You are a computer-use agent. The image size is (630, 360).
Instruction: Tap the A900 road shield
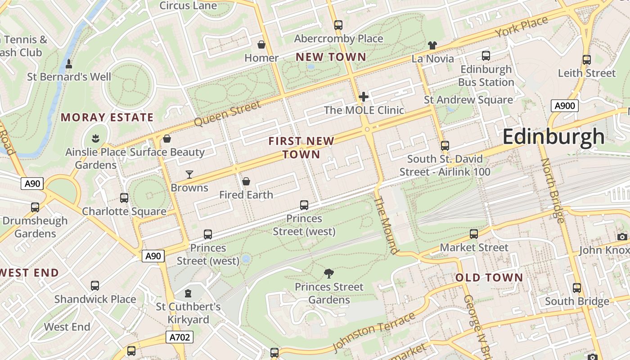coord(564,106)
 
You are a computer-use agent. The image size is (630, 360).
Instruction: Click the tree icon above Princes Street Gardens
coord(329,273)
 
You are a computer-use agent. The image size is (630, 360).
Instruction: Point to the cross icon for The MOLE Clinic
coord(364,96)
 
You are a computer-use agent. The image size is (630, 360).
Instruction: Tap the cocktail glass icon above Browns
coord(189,174)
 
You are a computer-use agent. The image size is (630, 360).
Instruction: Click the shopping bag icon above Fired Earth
coord(246,181)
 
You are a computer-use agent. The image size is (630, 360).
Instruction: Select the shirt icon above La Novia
coord(432,45)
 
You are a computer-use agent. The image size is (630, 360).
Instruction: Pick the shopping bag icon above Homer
coord(261,45)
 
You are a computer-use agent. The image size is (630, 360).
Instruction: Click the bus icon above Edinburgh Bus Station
coord(486,56)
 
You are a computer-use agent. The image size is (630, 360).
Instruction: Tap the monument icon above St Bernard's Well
coord(69,64)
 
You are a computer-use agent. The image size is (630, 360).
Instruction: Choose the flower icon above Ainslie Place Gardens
coord(95,137)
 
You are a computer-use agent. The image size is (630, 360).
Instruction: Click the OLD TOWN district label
coord(489,278)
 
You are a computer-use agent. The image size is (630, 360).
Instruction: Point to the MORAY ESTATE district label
coord(107,118)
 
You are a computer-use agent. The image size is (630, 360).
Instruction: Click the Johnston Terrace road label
coord(374,332)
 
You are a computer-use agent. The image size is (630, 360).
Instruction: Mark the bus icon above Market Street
coord(474,234)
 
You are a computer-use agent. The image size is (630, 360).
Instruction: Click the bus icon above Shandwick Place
coord(95,286)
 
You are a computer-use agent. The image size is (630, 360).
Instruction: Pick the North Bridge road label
coord(552,190)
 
